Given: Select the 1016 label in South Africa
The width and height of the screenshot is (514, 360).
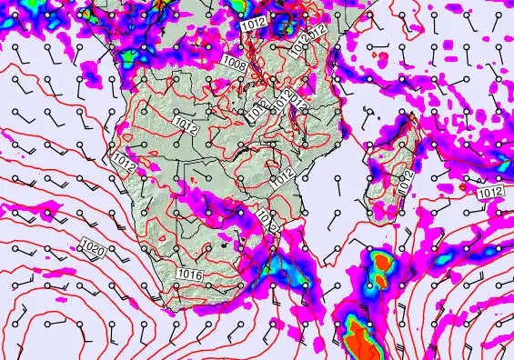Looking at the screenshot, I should point(190,274).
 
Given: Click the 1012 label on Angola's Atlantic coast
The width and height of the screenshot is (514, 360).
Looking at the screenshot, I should point(125,163).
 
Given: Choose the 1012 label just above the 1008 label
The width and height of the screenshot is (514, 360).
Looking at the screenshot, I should point(257,25).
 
